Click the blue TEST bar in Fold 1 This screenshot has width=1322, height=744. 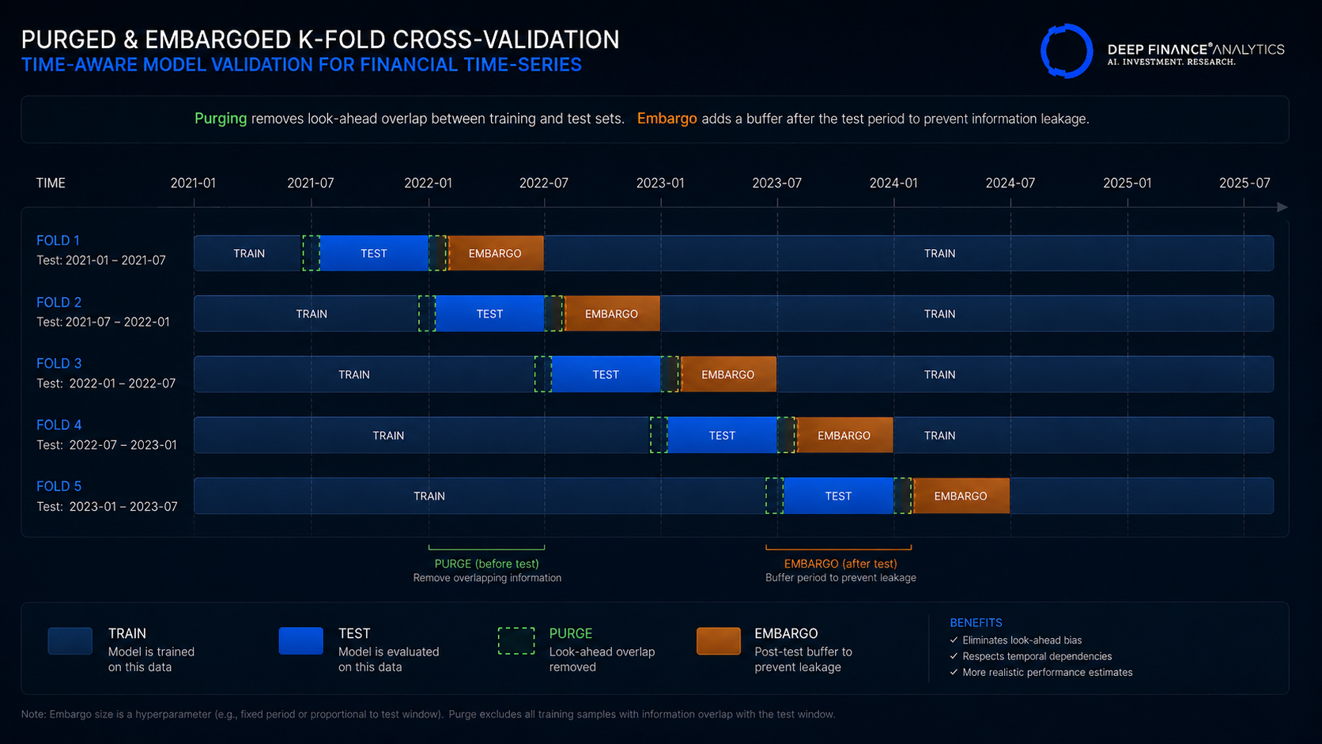[374, 253]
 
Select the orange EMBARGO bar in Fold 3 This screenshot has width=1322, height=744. [728, 374]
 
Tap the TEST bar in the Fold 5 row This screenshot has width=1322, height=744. [838, 496]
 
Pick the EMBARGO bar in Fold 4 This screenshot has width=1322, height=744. [844, 435]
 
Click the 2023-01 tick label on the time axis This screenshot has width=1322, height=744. [660, 183]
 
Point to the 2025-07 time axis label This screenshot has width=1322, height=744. [1245, 183]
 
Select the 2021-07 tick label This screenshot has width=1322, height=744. [311, 183]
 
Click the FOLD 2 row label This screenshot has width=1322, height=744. [59, 302]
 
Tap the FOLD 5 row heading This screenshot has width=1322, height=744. [59, 486]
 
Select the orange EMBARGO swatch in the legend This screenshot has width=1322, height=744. [718, 640]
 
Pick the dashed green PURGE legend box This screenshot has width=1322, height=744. [516, 640]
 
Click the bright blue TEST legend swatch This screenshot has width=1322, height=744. [301, 640]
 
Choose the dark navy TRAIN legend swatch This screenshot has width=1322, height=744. [70, 640]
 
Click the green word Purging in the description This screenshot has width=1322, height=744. [221, 119]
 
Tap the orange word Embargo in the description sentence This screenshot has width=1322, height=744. [667, 119]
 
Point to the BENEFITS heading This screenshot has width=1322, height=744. [976, 622]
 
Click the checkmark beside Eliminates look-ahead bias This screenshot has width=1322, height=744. [954, 640]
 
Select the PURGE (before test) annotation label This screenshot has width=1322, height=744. [487, 564]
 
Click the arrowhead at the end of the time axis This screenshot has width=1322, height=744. [1282, 207]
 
